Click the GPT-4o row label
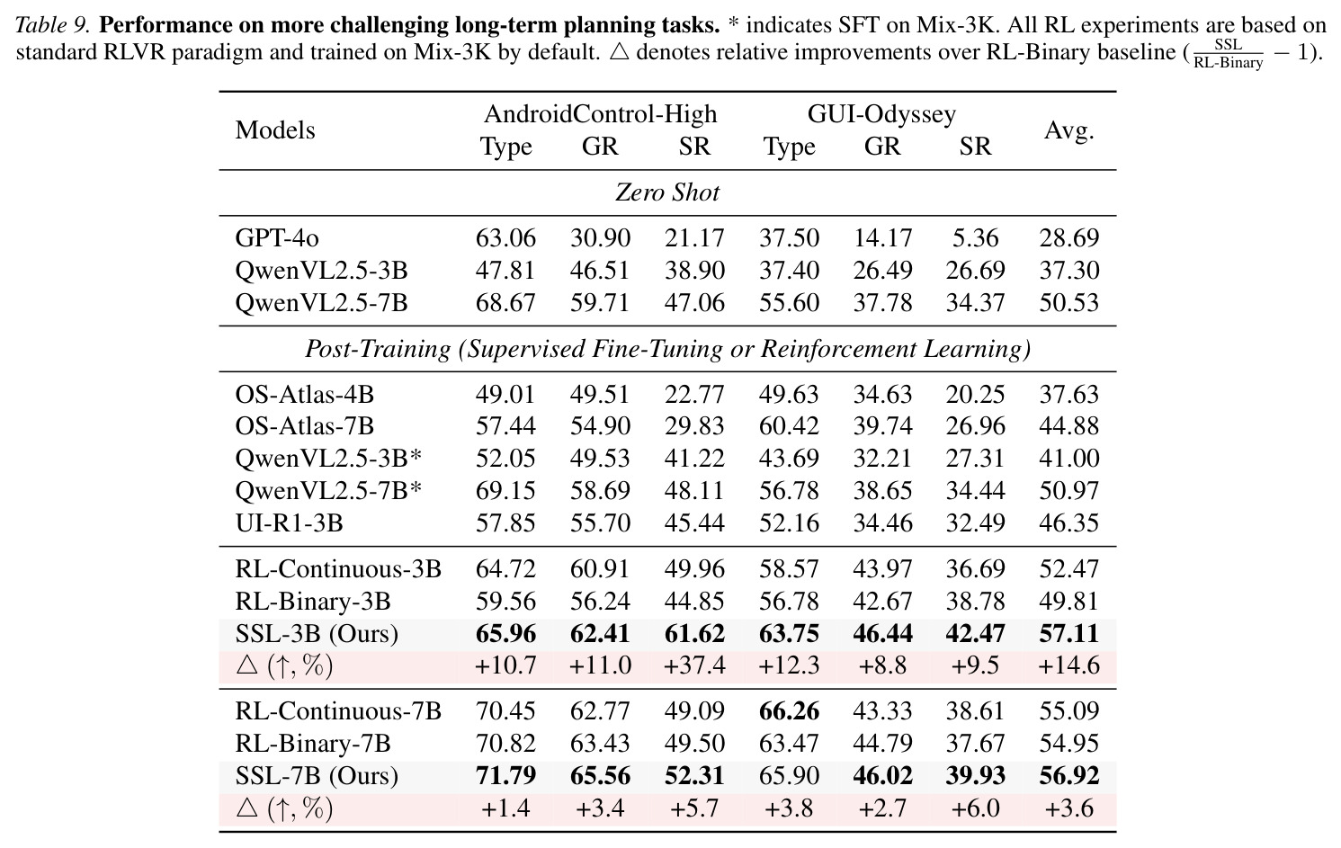(x=277, y=238)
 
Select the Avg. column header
(x=1068, y=129)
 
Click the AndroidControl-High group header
(x=600, y=113)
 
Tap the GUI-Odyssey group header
(x=881, y=113)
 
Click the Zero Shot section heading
(x=667, y=192)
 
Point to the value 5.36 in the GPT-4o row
(x=975, y=238)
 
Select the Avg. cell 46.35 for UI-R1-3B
(x=1068, y=523)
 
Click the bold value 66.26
(x=789, y=711)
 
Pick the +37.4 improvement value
(x=694, y=665)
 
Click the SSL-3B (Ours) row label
(x=317, y=634)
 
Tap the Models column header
(x=275, y=129)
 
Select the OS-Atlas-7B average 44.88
(x=1068, y=426)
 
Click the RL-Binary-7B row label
(x=312, y=744)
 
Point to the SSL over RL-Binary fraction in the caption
(x=1228, y=54)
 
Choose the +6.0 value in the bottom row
(x=975, y=808)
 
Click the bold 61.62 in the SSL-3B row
(x=694, y=634)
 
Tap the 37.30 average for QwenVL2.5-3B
(x=1068, y=271)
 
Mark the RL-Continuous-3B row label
(x=338, y=569)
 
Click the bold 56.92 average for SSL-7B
(x=1068, y=776)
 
